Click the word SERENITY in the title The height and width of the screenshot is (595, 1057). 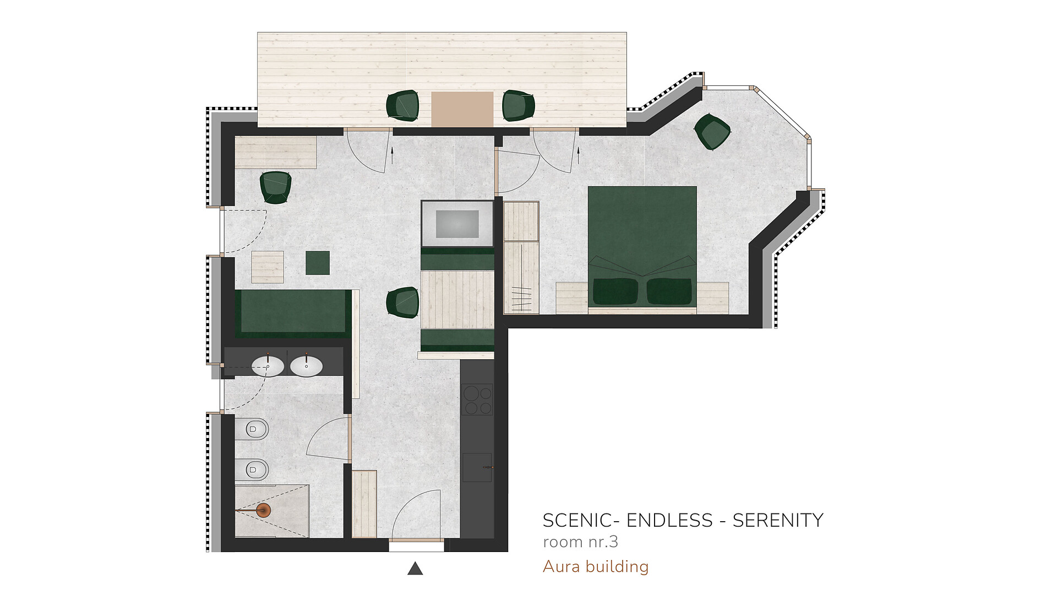click(777, 521)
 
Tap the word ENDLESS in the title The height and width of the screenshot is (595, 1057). click(669, 521)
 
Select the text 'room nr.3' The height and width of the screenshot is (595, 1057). click(580, 542)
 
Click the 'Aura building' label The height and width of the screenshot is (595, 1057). click(596, 566)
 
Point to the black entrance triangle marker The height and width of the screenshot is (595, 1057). click(415, 569)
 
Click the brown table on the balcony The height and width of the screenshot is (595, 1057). click(462, 109)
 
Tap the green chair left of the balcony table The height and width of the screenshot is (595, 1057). click(402, 105)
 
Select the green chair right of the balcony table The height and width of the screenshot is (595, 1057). click(518, 105)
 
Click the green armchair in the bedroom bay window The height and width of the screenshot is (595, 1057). click(712, 131)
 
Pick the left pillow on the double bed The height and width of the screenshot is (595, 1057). click(615, 291)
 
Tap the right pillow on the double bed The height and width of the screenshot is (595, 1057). click(669, 291)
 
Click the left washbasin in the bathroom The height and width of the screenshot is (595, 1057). click(268, 366)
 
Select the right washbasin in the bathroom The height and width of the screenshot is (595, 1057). click(307, 366)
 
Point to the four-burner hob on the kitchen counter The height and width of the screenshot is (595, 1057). click(477, 399)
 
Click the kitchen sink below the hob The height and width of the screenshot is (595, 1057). click(477, 467)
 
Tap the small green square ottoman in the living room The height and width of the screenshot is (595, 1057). click(318, 263)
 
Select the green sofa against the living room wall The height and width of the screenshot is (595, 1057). click(293, 313)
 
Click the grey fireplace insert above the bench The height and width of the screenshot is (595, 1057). click(457, 224)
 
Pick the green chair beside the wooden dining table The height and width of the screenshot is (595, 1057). click(402, 302)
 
